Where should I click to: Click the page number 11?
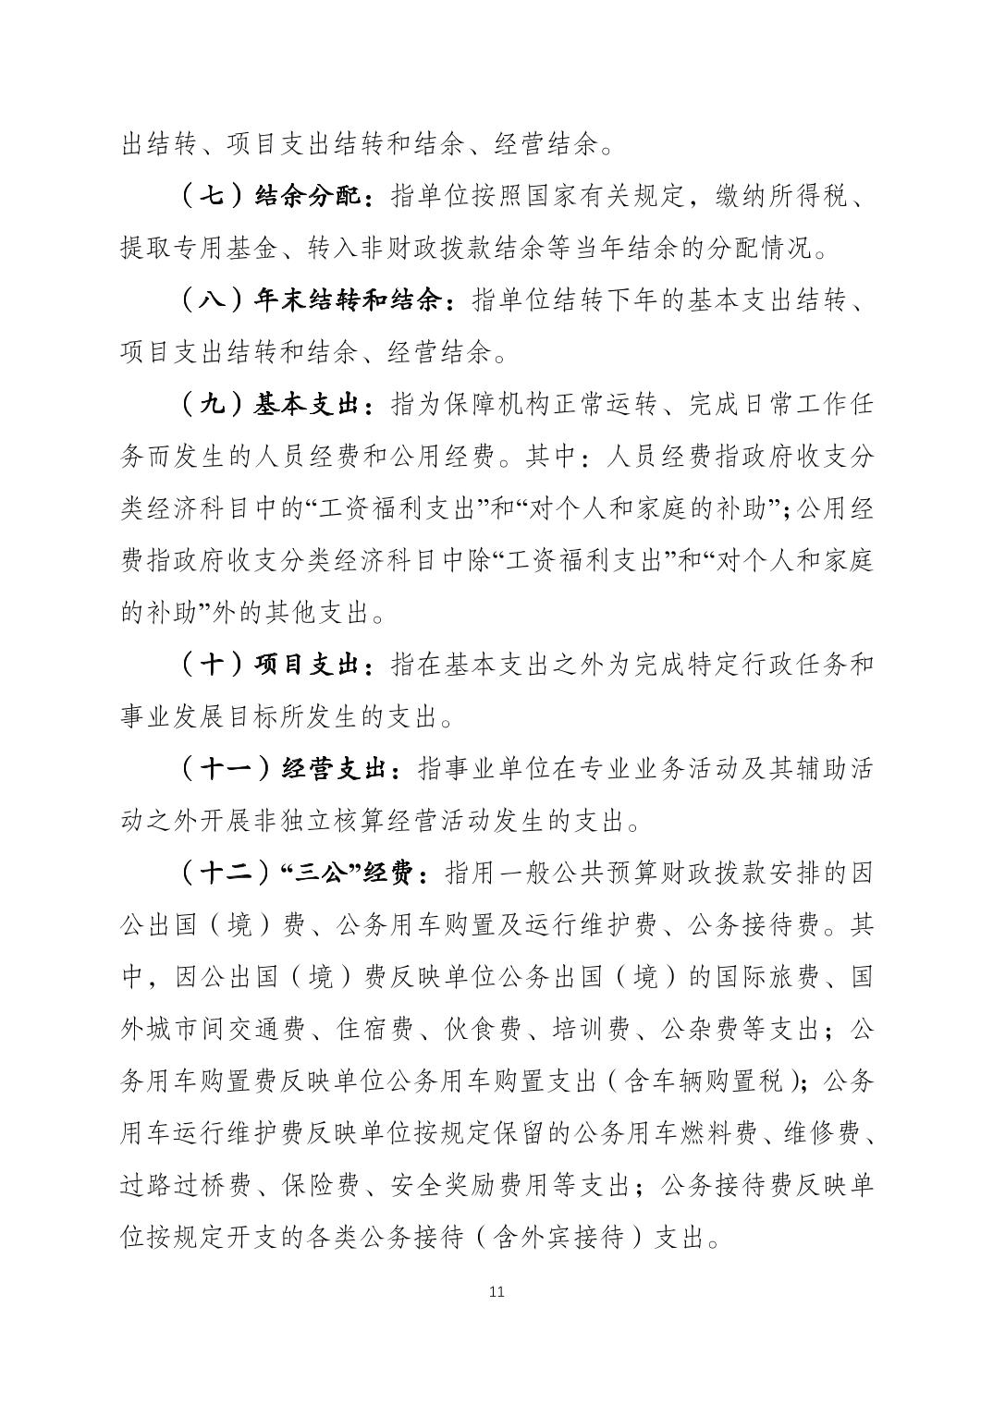tap(496, 1291)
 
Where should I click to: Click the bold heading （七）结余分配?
tap(275, 197)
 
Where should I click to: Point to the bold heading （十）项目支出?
tap(275, 665)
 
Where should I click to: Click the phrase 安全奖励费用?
tap(466, 1185)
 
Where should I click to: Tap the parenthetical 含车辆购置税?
tap(706, 1081)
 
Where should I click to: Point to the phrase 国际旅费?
tap(758, 977)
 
